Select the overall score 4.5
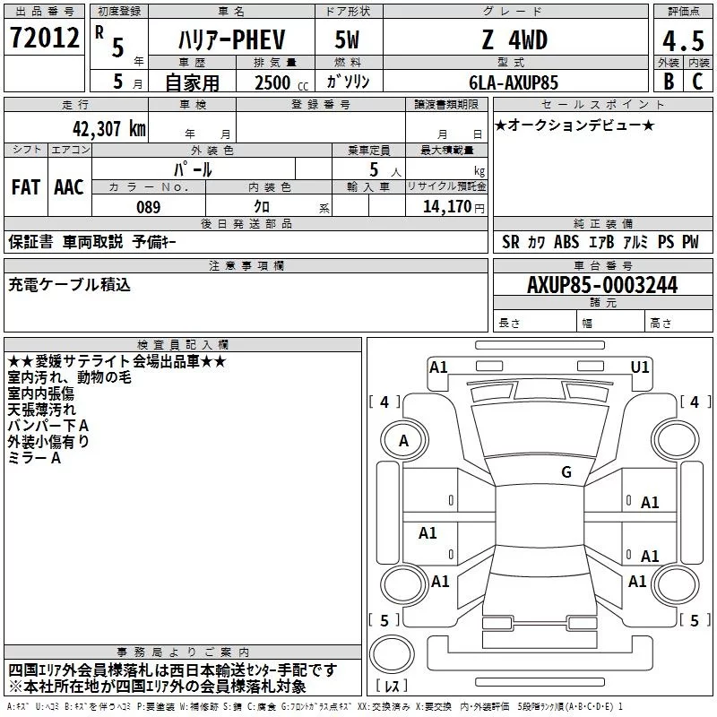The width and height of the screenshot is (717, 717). [x=682, y=42]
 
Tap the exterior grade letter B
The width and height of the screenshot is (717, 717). [x=669, y=82]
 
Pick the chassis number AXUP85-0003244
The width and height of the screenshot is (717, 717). [x=601, y=285]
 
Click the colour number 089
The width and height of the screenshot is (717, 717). [x=148, y=207]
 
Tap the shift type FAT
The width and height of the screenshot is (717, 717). [x=25, y=187]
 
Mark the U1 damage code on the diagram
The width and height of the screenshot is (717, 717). [x=640, y=367]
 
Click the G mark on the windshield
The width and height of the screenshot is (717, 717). [x=566, y=472]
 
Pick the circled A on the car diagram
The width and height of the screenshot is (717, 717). [x=403, y=441]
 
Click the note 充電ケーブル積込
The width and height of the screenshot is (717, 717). [x=70, y=284]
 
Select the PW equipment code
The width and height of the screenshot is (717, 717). [x=689, y=242]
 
